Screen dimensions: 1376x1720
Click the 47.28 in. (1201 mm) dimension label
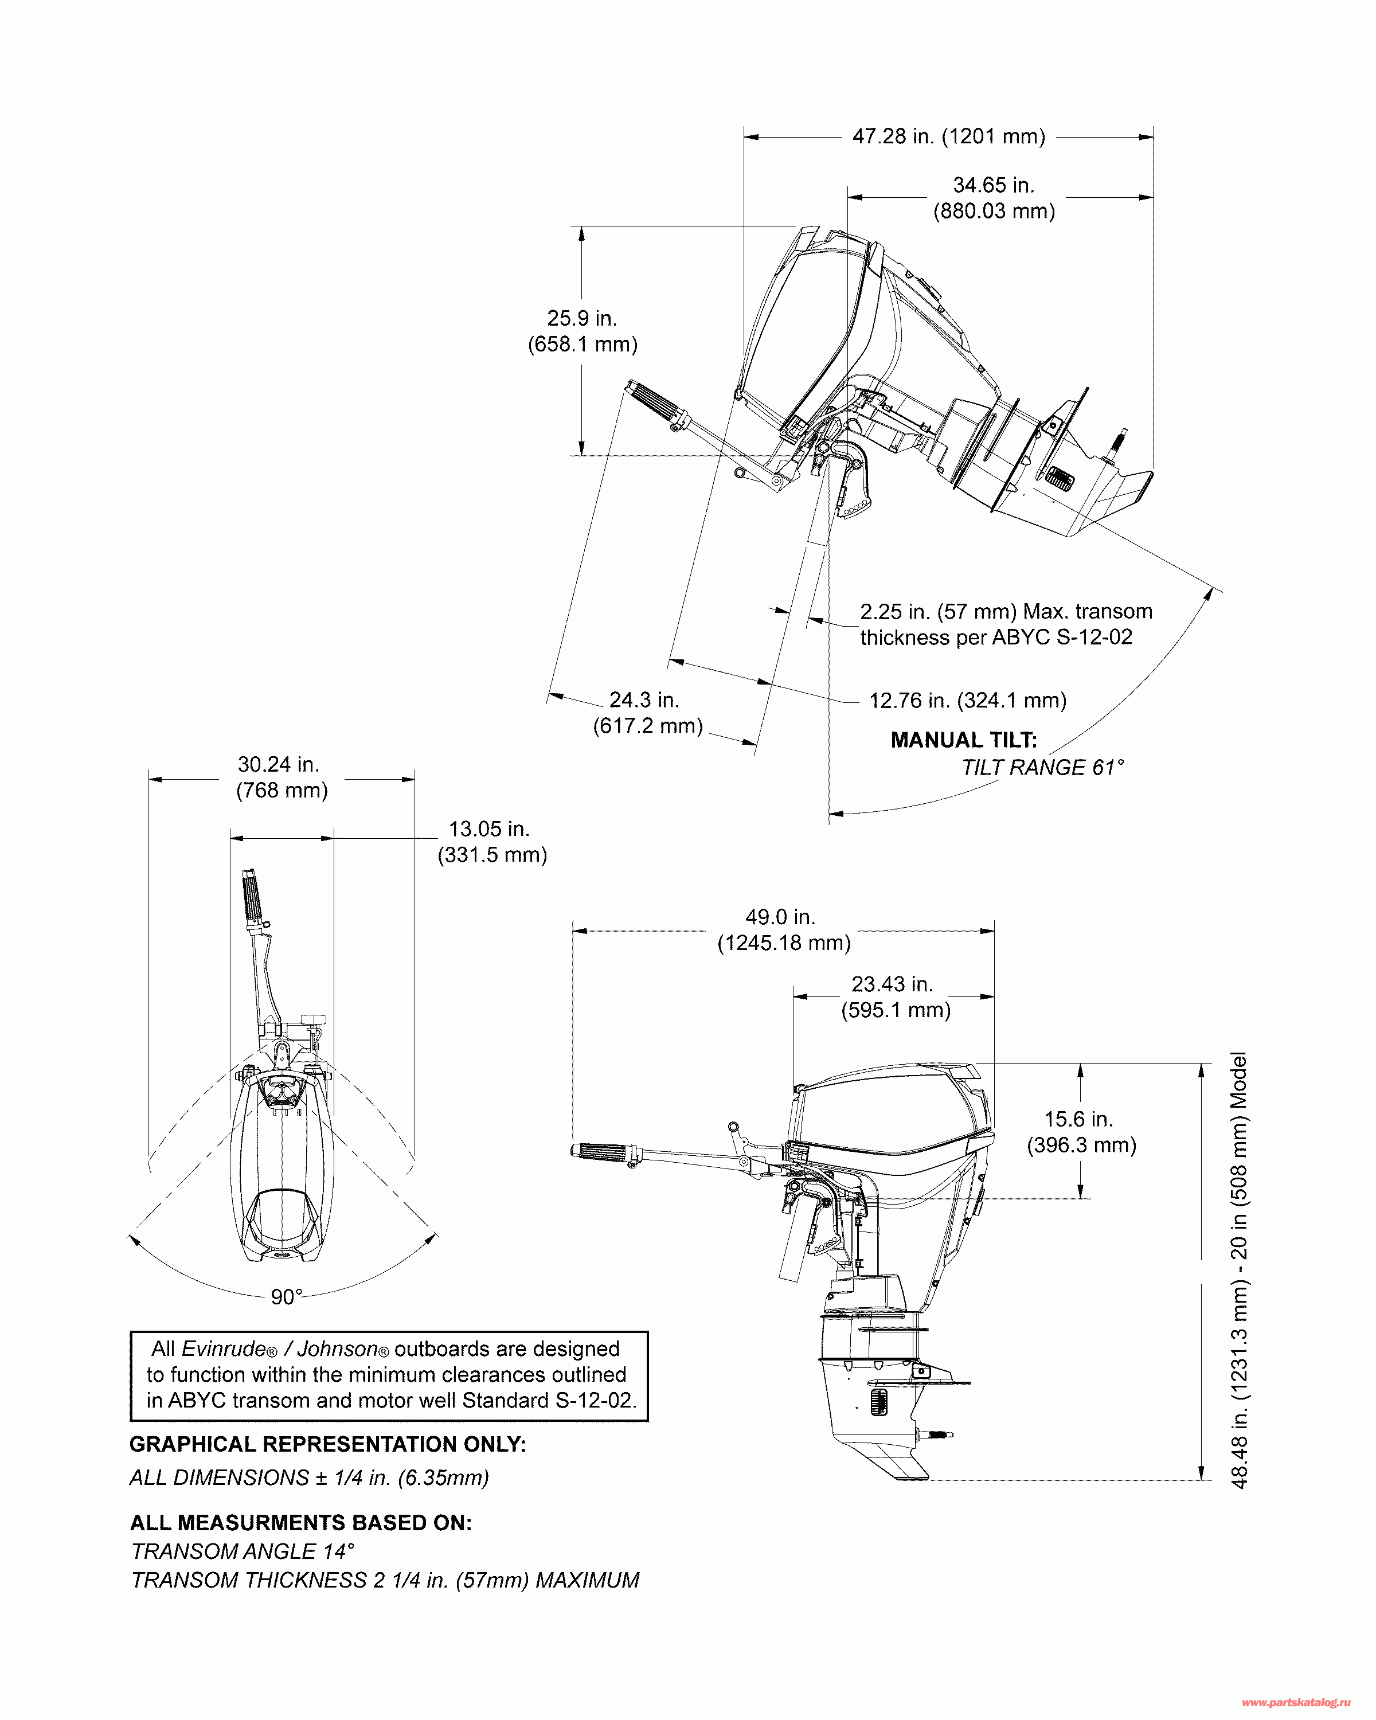point(948,136)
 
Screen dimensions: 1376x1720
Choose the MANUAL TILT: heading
point(964,740)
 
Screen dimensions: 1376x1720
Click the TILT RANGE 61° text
point(1042,768)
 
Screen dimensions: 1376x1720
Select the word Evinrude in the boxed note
point(224,1349)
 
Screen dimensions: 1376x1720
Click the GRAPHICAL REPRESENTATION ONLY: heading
point(327,1445)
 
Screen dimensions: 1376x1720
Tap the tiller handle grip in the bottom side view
point(601,1151)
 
